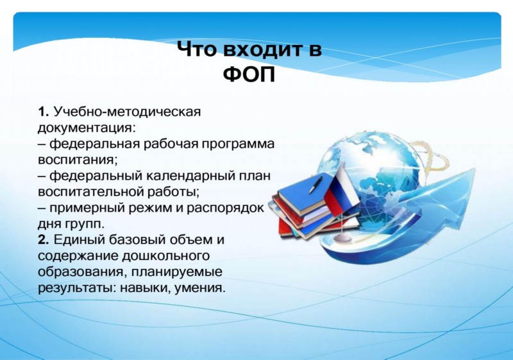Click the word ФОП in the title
click(x=249, y=75)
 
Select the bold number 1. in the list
click(x=43, y=112)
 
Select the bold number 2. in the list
click(x=43, y=240)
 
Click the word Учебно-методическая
click(x=126, y=112)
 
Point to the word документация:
click(x=87, y=128)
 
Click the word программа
click(x=238, y=144)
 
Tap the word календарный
click(x=188, y=176)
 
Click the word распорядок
click(x=225, y=209)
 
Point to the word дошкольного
click(x=165, y=256)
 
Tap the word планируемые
click(x=177, y=272)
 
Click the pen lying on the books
click(x=315, y=185)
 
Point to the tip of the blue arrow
click(x=475, y=169)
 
